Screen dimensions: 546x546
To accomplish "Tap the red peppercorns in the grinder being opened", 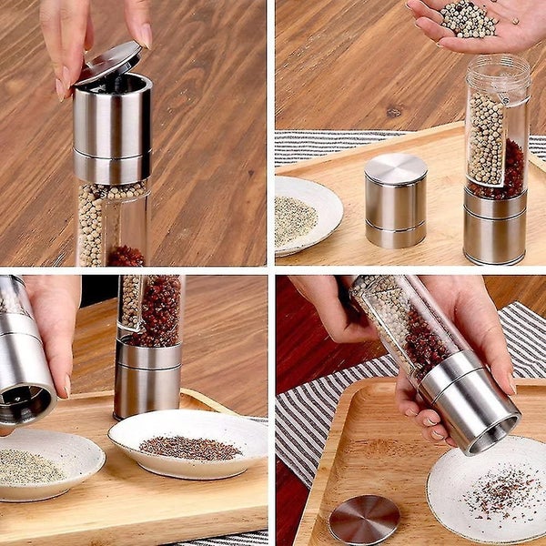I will [126, 256].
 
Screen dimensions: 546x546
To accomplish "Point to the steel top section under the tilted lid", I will [112, 127].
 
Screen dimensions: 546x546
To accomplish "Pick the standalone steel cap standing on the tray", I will [395, 200].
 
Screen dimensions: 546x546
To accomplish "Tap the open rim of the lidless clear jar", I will [498, 66].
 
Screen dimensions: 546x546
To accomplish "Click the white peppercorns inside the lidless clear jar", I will [486, 136].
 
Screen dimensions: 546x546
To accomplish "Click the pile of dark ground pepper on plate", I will [189, 447].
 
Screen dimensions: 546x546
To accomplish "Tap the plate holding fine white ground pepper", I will [45, 464].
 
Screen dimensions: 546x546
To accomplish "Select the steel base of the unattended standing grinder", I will [147, 378].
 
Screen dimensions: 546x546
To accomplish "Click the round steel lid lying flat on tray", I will [364, 520].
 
